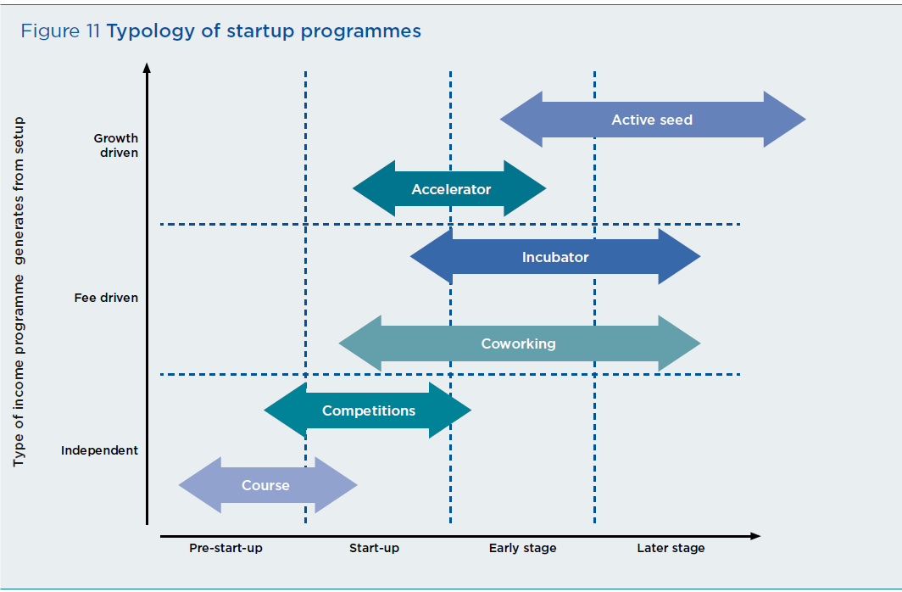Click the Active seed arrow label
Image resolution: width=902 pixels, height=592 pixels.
(x=652, y=120)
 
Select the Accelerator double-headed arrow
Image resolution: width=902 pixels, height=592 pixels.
(x=449, y=188)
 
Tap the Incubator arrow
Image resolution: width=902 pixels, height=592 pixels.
(x=555, y=257)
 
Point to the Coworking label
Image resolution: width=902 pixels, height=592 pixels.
(x=518, y=343)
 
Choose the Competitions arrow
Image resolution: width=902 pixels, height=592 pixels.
(x=368, y=410)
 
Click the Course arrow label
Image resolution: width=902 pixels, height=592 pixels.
(x=265, y=485)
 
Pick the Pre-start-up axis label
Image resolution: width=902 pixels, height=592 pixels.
(x=225, y=548)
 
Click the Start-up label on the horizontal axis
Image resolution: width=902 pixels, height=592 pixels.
(x=374, y=548)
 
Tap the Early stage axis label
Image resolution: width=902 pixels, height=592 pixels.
(x=522, y=548)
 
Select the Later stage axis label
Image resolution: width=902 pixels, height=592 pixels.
(x=671, y=548)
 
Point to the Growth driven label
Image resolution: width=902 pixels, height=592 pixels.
(x=115, y=146)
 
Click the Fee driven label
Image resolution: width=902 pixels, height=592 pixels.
(x=106, y=298)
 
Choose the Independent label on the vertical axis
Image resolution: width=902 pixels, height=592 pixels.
(x=99, y=450)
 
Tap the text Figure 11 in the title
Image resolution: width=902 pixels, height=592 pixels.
(x=60, y=31)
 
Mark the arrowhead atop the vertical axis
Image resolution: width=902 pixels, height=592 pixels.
(x=147, y=68)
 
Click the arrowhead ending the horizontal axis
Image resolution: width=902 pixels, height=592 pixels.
(x=755, y=536)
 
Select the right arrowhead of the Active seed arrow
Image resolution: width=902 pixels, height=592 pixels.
(x=785, y=119)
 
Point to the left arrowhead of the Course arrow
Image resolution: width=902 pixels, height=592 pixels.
(x=199, y=485)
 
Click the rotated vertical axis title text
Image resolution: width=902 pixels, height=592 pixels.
(x=19, y=292)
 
